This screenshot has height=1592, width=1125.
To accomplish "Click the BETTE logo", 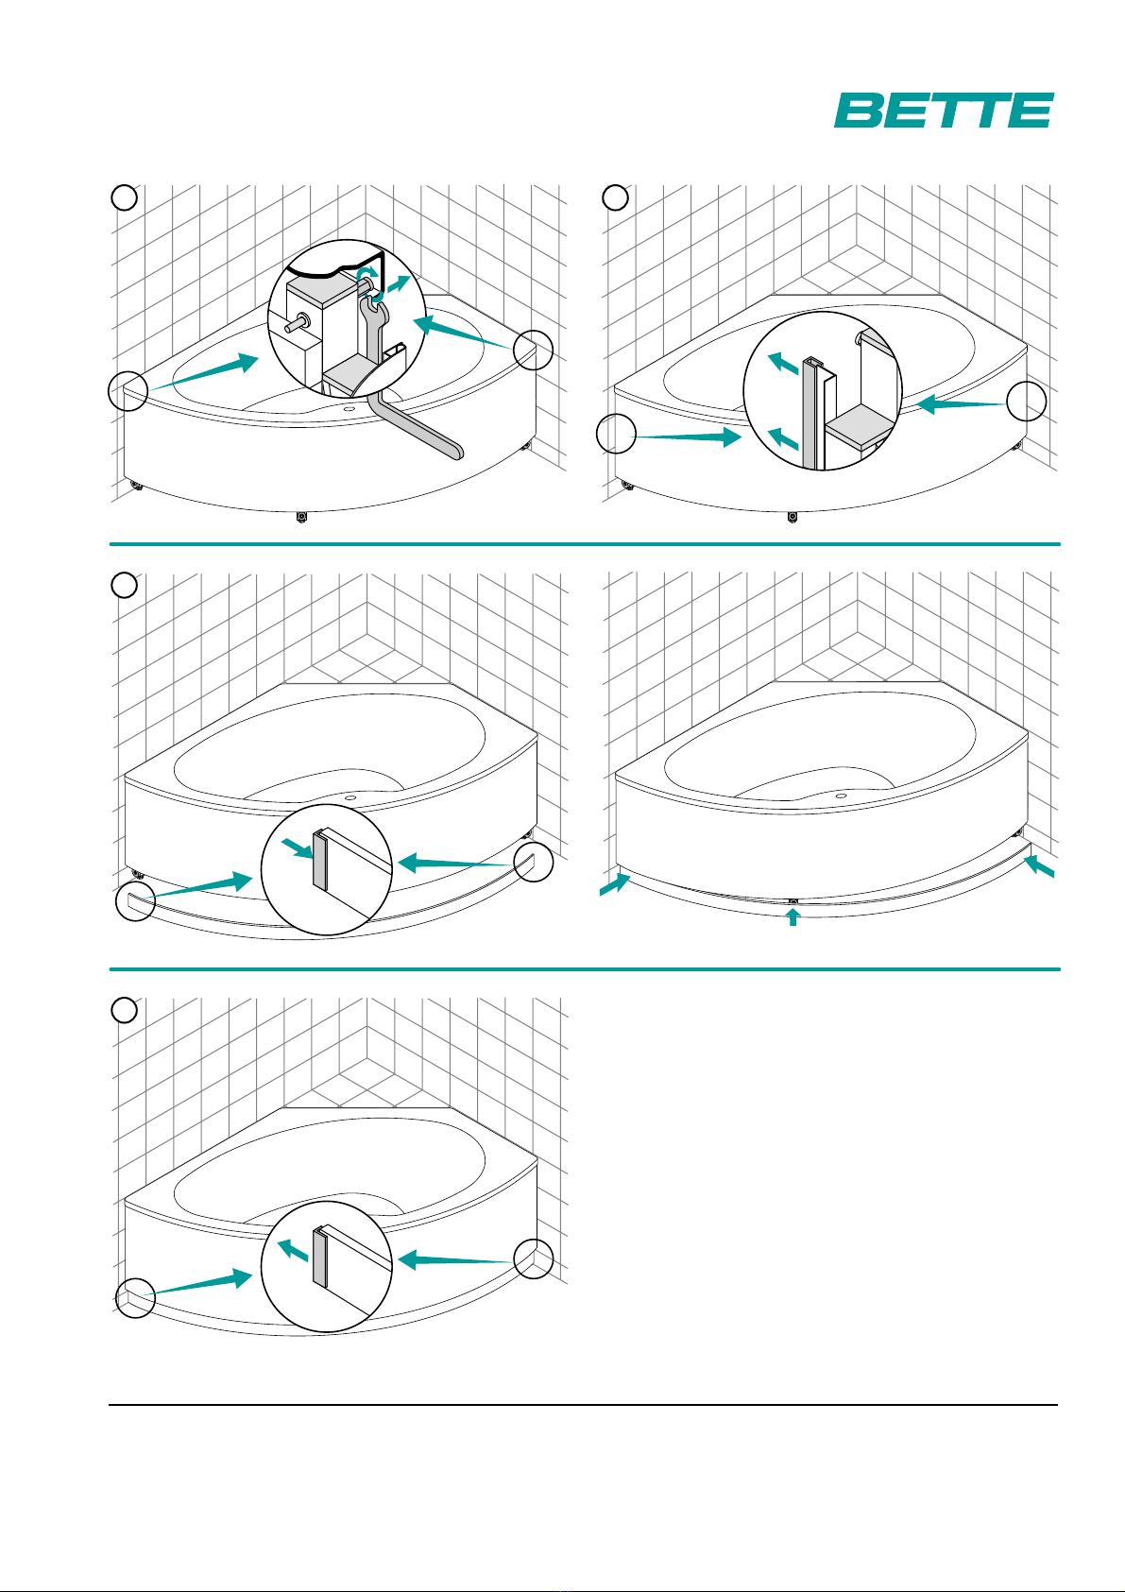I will click(943, 111).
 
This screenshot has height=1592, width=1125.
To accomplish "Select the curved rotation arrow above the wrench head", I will click(366, 274).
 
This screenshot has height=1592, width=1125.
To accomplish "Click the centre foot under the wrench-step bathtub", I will click(301, 517).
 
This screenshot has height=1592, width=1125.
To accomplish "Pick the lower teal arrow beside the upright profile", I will click(784, 438).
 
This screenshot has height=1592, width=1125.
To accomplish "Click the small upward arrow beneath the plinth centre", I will click(793, 917).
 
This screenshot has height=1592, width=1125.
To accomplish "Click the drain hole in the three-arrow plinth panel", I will click(841, 796).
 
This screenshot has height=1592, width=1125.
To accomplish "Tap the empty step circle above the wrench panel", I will click(125, 197).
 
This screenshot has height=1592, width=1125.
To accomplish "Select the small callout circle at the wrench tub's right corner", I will click(534, 349).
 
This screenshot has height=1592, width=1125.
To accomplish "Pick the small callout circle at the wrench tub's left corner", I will click(128, 390).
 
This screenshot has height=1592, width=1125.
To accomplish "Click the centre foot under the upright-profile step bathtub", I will click(793, 517).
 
